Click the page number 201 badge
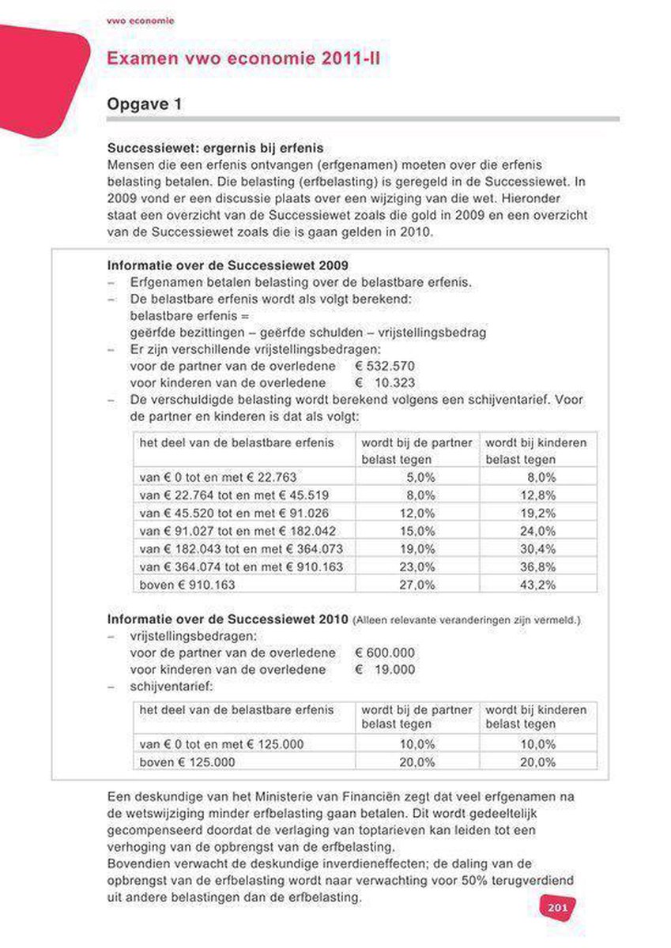click(557, 908)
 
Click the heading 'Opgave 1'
click(145, 104)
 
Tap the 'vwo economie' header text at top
click(140, 20)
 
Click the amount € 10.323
click(385, 382)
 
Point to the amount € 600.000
click(385, 653)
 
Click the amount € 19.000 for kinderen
click(385, 669)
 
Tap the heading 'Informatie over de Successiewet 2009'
click(227, 265)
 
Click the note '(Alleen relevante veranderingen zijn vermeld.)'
click(466, 620)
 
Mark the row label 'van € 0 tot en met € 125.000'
click(221, 744)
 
